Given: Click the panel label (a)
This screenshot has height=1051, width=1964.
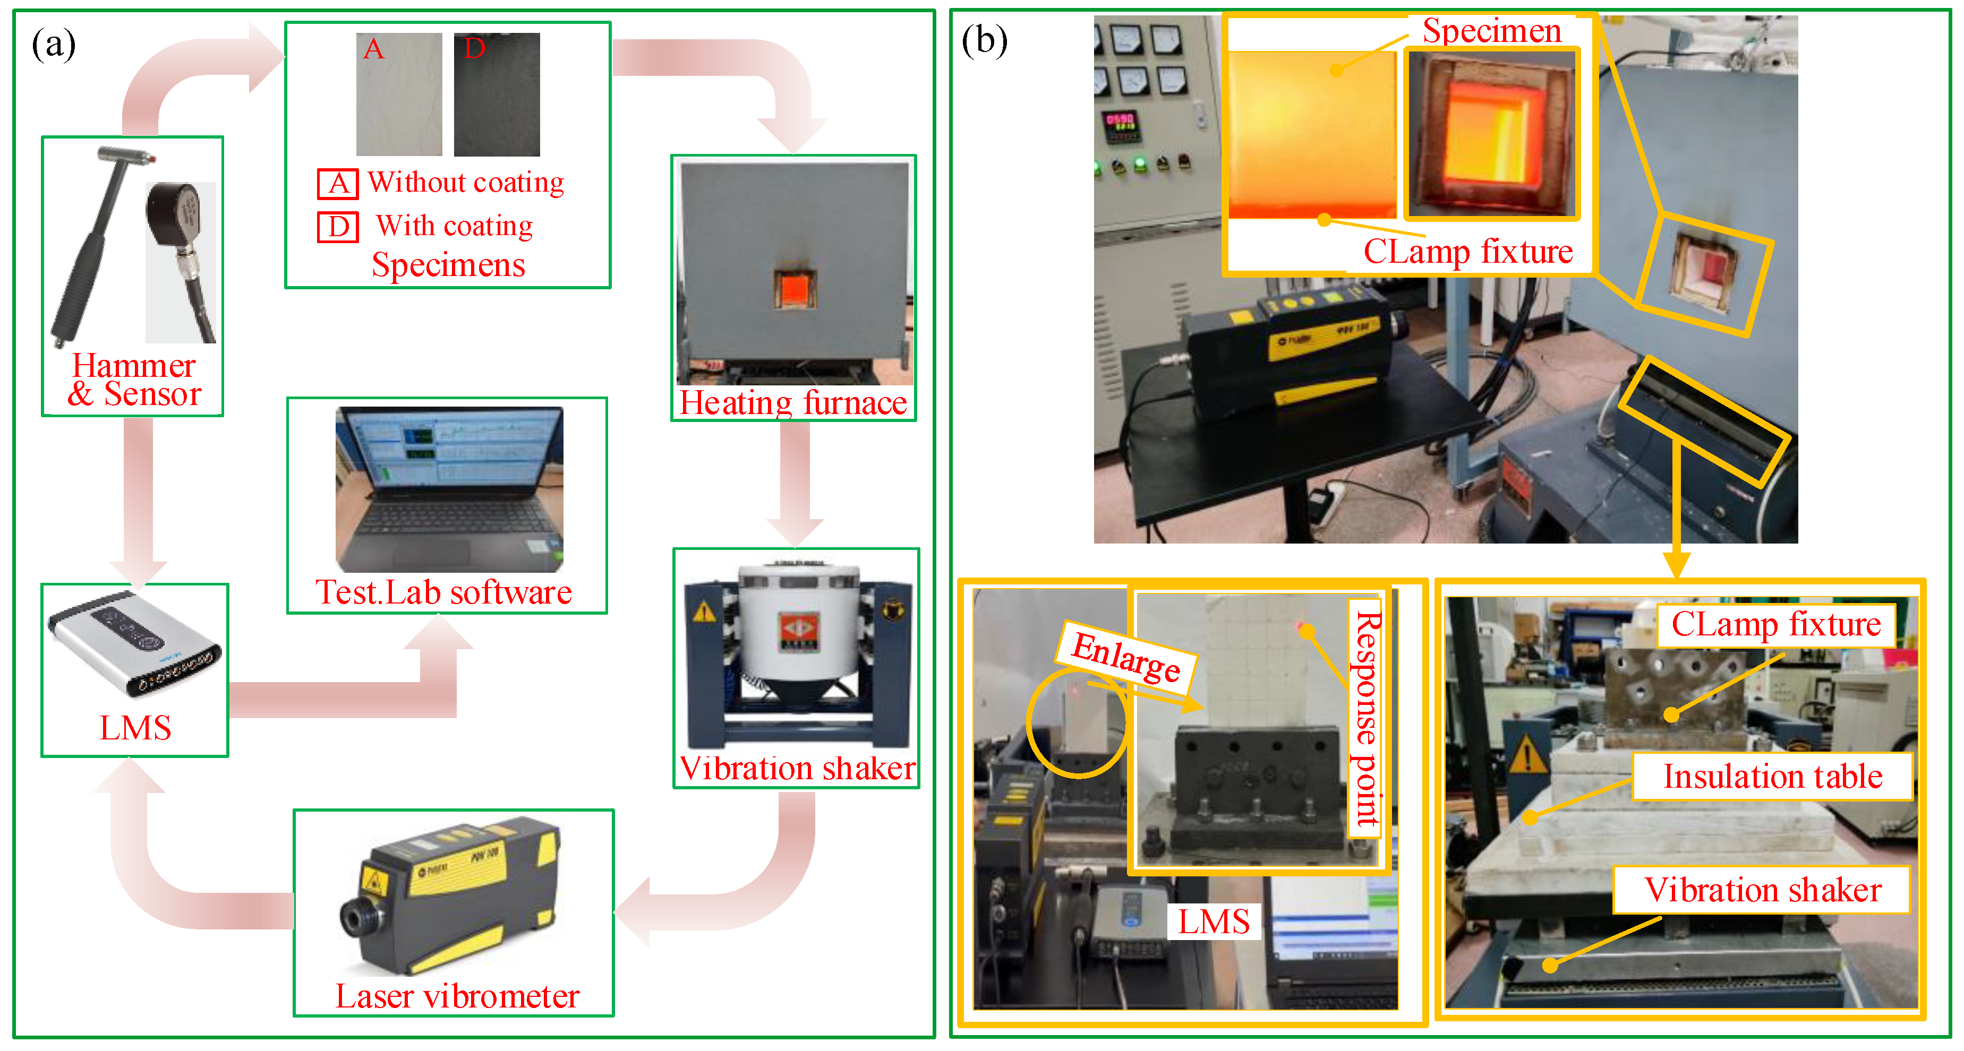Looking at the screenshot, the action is (53, 44).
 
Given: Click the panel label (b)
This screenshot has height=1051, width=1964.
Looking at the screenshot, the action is (984, 40).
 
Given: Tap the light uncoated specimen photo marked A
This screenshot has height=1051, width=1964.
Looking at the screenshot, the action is (399, 94).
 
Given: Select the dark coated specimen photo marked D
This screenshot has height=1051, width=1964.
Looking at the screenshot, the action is (497, 94).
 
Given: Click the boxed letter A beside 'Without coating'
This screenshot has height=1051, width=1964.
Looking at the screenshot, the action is (338, 184).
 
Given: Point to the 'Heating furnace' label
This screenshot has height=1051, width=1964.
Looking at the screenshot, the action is (793, 402).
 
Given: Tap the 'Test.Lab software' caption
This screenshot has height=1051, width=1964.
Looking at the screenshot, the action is (443, 592).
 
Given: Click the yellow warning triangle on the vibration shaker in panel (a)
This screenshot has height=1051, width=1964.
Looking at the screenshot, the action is (704, 612).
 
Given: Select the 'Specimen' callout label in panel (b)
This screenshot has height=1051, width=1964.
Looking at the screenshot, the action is (1492, 30).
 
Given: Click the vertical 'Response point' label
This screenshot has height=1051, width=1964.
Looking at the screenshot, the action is (1365, 719).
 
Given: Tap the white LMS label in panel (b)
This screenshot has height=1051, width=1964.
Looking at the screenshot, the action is (1214, 921).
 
